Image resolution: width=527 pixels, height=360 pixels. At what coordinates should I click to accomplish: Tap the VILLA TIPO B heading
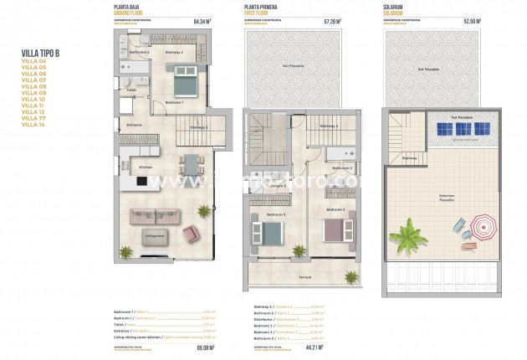point(41,53)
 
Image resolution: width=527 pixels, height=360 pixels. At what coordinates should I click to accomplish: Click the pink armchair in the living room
point(192,232)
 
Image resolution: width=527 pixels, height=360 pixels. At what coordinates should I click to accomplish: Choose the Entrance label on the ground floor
point(135,126)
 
